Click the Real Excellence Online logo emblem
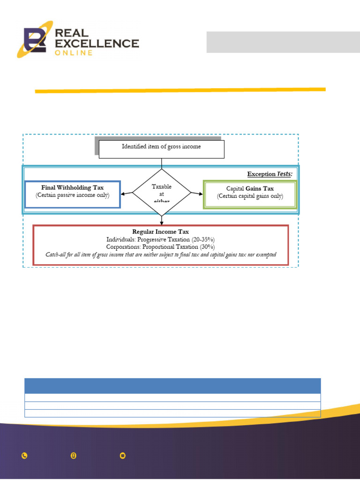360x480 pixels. click(37, 39)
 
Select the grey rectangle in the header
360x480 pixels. click(283, 42)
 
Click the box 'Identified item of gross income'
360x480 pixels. click(162, 147)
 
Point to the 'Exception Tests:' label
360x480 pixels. click(270, 174)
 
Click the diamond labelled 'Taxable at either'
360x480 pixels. click(162, 193)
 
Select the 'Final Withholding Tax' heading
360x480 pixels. click(73, 187)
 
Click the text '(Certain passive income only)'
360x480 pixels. click(73, 195)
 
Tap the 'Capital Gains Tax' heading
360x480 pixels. click(250, 188)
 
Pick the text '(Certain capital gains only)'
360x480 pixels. click(250, 196)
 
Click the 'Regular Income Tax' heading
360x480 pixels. click(160, 232)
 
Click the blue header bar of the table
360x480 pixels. click(172, 386)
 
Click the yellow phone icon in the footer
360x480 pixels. click(24, 456)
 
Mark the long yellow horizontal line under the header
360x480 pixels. click(180, 90)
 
